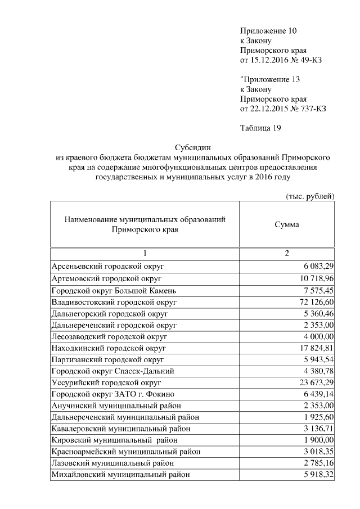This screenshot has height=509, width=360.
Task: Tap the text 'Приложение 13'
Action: pyautogui.click(x=267, y=79)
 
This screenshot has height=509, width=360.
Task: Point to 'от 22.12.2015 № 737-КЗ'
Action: pyautogui.click(x=283, y=109)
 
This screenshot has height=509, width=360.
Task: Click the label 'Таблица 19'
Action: pyautogui.click(x=260, y=128)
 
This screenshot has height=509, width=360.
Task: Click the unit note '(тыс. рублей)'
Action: pyautogui.click(x=308, y=196)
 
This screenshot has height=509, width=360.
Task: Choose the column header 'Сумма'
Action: pyautogui.click(x=286, y=224)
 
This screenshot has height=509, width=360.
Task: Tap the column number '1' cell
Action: pyautogui.click(x=145, y=254)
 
